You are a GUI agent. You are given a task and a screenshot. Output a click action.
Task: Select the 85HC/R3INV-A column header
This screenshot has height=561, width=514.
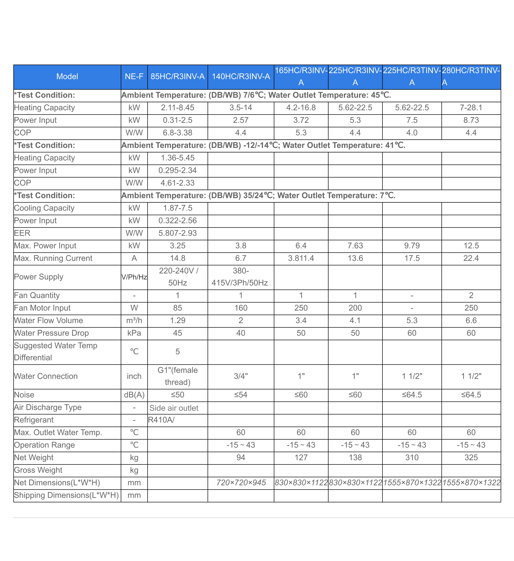tap(177, 77)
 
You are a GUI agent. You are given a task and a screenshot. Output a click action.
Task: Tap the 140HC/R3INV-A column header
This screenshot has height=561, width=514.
tap(241, 77)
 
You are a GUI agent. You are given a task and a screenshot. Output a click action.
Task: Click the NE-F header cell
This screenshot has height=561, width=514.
tap(134, 77)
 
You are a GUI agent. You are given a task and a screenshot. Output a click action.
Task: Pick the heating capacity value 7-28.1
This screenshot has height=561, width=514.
tap(471, 108)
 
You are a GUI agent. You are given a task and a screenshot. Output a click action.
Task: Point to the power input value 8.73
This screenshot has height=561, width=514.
tap(471, 120)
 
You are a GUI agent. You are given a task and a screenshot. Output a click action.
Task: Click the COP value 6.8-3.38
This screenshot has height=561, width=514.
tap(177, 133)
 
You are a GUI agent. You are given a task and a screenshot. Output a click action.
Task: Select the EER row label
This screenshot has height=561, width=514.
tap(22, 233)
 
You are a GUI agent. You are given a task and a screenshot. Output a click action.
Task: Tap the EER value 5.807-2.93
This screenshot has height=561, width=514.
tap(177, 233)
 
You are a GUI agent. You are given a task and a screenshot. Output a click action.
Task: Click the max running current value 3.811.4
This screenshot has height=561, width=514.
tap(301, 258)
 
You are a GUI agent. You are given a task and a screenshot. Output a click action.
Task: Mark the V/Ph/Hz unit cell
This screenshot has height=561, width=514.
tap(134, 277)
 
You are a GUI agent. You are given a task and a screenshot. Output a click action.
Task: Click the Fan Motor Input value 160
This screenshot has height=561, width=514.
tap(241, 308)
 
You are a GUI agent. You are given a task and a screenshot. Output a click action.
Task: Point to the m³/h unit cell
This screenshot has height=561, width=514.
tap(134, 321)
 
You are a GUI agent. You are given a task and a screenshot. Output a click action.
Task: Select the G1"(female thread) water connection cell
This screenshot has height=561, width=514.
tap(177, 376)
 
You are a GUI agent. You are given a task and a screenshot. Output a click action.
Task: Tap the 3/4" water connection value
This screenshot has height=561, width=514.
tap(241, 376)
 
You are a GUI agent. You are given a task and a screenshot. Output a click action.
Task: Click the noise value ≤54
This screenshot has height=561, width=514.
tap(241, 395)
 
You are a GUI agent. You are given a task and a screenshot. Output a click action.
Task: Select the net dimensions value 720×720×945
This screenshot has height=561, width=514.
tap(241, 483)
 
